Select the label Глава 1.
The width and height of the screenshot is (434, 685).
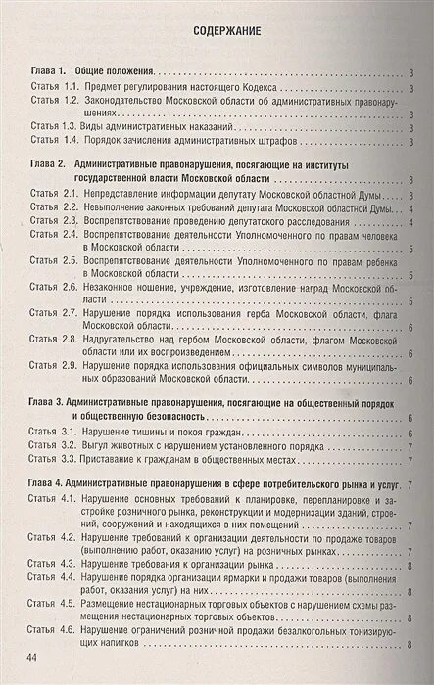[x=47, y=72]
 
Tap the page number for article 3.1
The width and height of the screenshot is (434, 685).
[x=409, y=431]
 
